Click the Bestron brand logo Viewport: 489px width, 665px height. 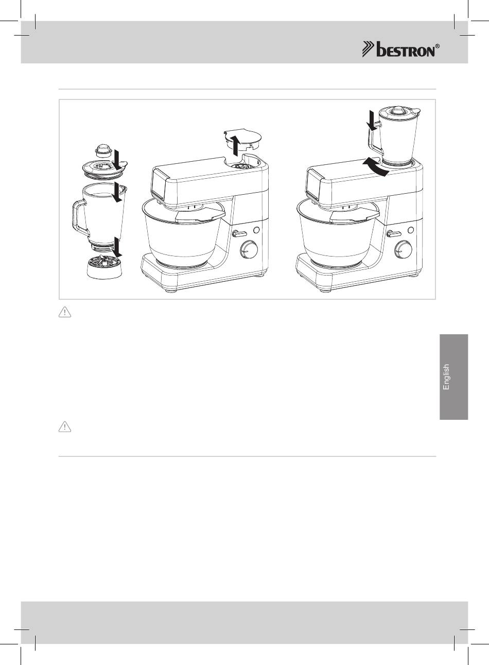(401, 49)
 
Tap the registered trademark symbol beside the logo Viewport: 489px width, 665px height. (438, 46)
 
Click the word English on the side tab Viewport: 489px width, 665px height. (446, 377)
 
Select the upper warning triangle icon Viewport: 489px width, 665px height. (65, 313)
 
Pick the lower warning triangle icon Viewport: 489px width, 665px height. (65, 427)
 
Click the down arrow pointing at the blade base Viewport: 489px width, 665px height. (118, 247)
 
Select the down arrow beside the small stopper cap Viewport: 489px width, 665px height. (118, 161)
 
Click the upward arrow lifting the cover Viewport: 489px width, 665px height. (235, 145)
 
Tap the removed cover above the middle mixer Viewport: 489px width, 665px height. (243, 141)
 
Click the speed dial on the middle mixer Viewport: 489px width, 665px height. (248, 249)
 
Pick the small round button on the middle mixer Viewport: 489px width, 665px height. (256, 230)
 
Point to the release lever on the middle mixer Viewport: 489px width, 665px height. (239, 234)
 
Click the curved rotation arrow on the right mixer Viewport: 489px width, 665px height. (376, 167)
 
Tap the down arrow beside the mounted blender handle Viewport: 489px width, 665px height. (372, 120)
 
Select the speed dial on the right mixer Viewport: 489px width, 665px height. (403, 249)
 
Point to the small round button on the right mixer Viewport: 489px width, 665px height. (411, 230)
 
